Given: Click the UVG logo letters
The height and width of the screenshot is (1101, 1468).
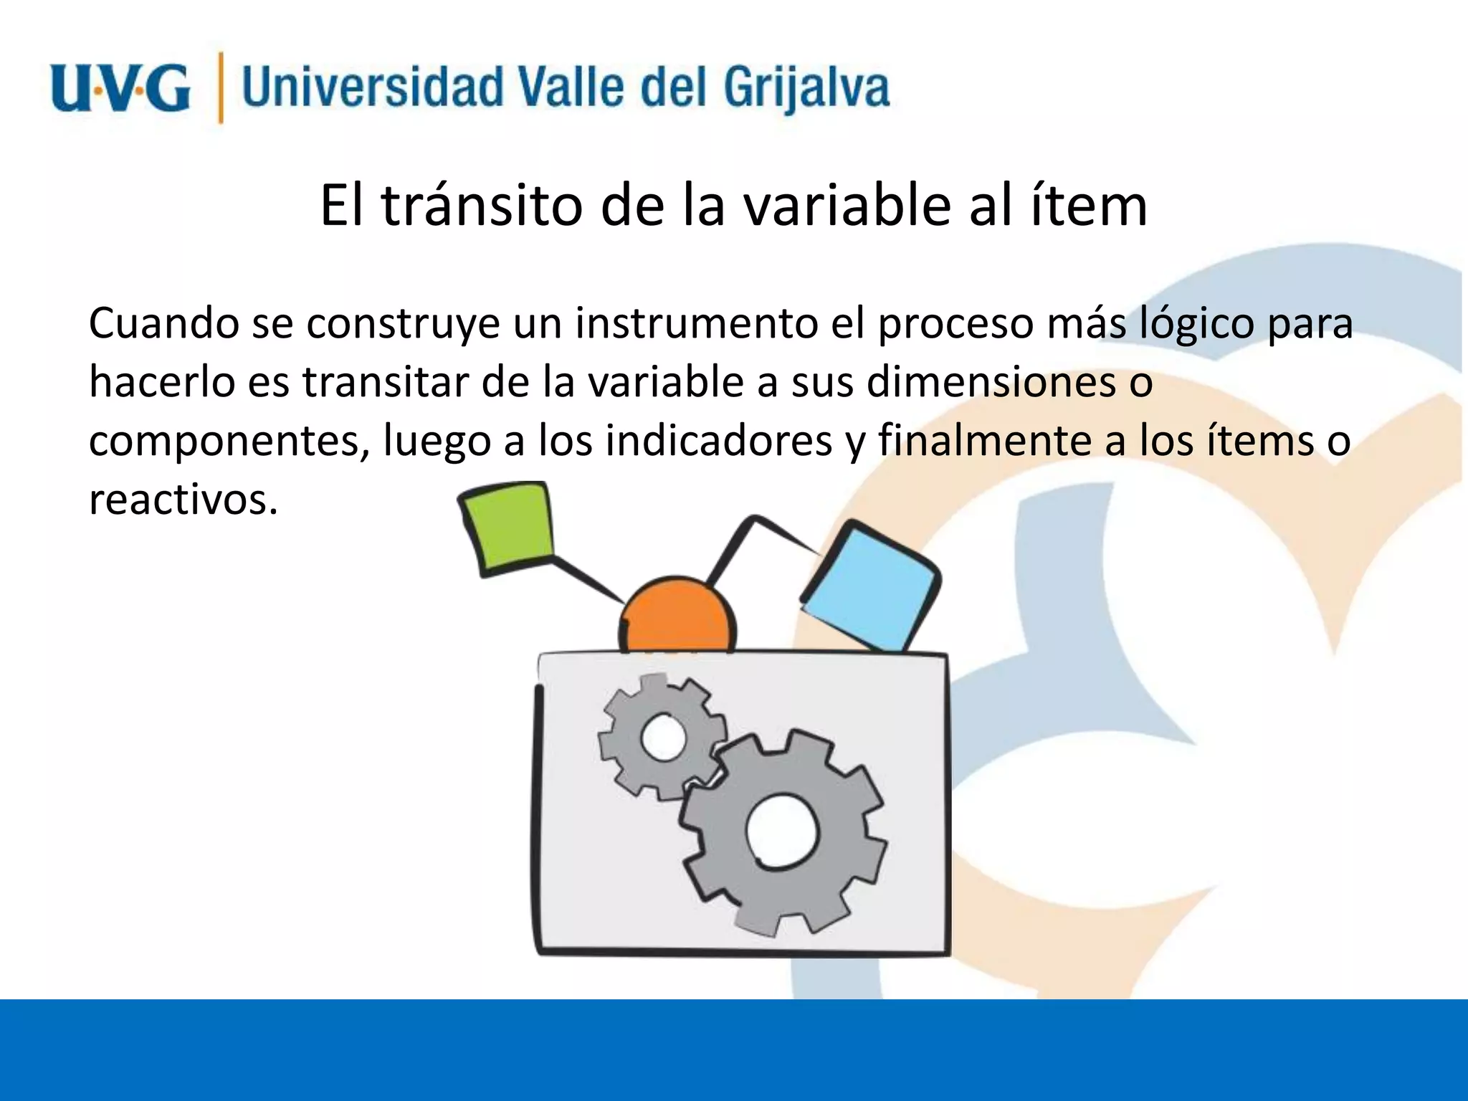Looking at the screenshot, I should (120, 87).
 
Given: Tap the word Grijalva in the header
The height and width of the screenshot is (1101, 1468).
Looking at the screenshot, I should (806, 89).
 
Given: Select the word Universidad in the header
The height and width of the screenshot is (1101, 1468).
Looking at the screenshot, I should (373, 87).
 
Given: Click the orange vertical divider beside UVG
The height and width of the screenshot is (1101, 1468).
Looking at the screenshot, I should (220, 87).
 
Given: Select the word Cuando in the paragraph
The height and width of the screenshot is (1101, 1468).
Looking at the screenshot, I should (163, 324).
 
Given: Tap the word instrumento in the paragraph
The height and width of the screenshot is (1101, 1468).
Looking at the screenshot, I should (695, 324).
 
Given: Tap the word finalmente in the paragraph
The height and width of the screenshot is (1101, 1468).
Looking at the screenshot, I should (985, 441).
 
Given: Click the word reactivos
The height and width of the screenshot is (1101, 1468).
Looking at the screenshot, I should (183, 500).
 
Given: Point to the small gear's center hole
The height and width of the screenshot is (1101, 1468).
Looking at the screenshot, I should (663, 737).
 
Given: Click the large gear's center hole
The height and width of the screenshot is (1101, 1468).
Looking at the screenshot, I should (781, 830).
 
